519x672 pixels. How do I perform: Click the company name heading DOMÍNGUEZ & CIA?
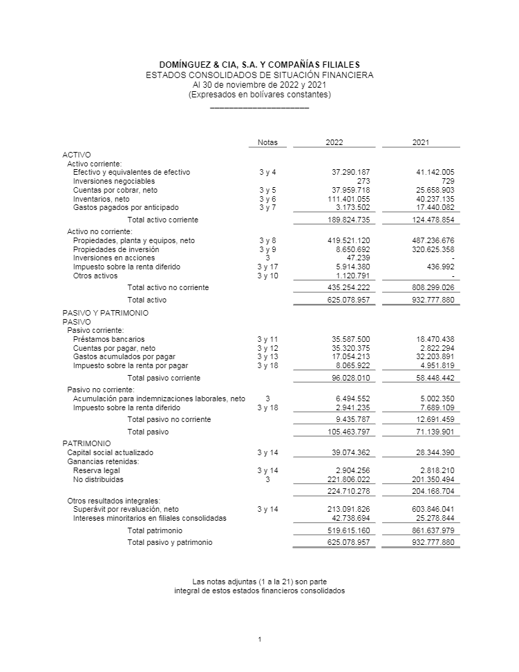click(259, 64)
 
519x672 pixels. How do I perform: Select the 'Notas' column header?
click(267, 142)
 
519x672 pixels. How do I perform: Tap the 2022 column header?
click(334, 142)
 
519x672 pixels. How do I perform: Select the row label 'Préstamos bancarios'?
click(109, 339)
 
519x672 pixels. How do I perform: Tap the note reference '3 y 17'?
click(267, 267)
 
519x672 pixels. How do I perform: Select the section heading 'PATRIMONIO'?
click(86, 443)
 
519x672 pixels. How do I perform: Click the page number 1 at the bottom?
click(259, 640)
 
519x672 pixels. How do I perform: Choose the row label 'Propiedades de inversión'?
click(116, 249)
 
